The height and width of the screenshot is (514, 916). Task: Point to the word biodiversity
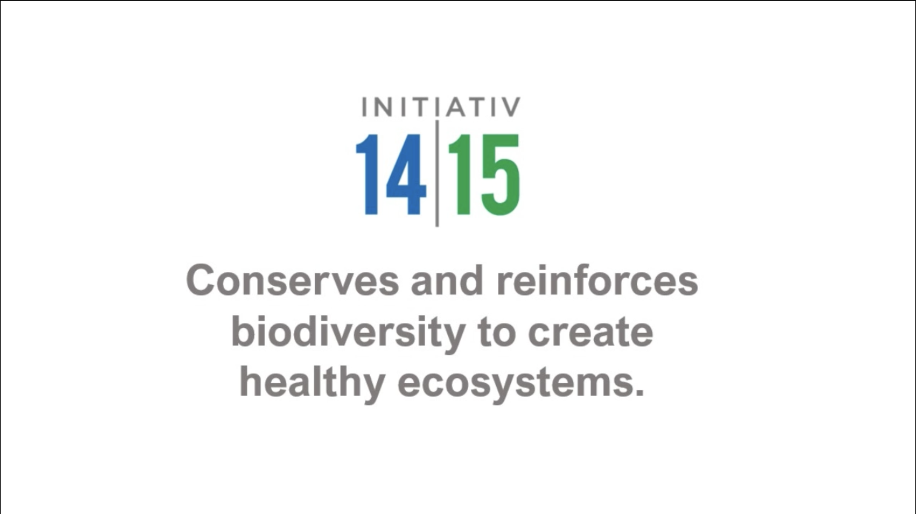click(349, 334)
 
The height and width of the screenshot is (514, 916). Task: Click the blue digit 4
click(406, 174)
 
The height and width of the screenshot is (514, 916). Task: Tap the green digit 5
click(501, 175)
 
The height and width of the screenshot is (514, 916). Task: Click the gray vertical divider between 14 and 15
click(437, 173)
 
